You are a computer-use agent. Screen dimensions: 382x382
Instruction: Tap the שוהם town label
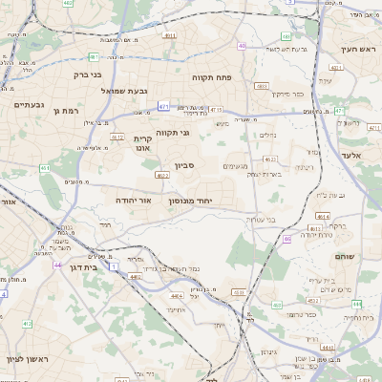pyautogui.click(x=345, y=257)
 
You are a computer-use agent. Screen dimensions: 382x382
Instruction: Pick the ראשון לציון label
pyautogui.click(x=23, y=359)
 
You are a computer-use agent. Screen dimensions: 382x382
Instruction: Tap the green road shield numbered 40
pyautogui.click(x=242, y=45)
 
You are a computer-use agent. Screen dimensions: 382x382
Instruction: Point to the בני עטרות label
pyautogui.click(x=260, y=221)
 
